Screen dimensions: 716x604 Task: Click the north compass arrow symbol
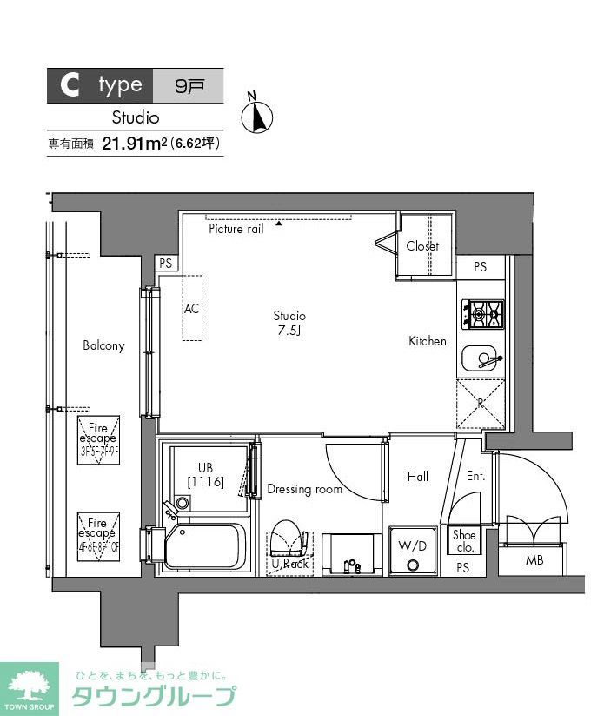[258, 115]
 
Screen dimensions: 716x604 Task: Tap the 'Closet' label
[422, 246]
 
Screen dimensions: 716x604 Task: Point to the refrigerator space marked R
[481, 405]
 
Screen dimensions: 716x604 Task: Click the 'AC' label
[191, 308]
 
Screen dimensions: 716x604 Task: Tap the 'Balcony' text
[103, 345]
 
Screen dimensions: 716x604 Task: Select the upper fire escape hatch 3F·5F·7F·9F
[97, 440]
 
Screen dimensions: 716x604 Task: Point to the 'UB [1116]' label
[205, 475]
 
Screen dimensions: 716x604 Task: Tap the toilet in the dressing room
[289, 541]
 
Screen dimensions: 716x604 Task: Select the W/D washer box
[413, 550]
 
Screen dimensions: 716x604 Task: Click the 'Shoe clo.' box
[464, 541]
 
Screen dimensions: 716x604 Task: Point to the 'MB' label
[534, 560]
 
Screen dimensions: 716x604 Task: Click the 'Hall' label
[418, 477]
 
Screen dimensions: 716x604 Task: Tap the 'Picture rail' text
[236, 229]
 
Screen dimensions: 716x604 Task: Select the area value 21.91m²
[134, 144]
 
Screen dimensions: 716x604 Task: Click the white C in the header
[70, 85]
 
